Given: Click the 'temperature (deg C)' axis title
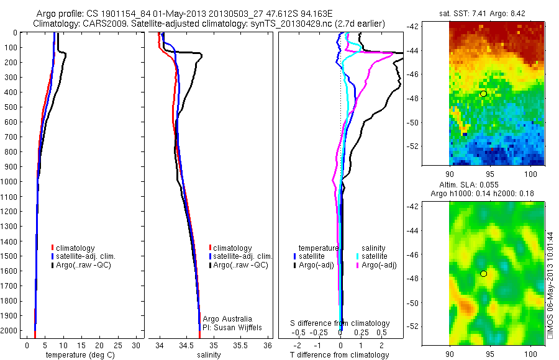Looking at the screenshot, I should [x=78, y=355].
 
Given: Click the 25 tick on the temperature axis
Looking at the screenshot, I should [x=118, y=345].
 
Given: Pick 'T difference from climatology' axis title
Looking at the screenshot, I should [x=340, y=355].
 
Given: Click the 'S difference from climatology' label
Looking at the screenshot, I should [x=340, y=323].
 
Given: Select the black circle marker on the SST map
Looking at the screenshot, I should [x=483, y=93].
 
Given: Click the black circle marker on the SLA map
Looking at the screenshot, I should [x=483, y=274].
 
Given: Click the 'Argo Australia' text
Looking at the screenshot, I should [x=227, y=318].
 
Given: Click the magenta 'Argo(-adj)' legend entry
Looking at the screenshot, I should [x=379, y=265].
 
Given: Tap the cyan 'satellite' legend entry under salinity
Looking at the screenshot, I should [x=375, y=256].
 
